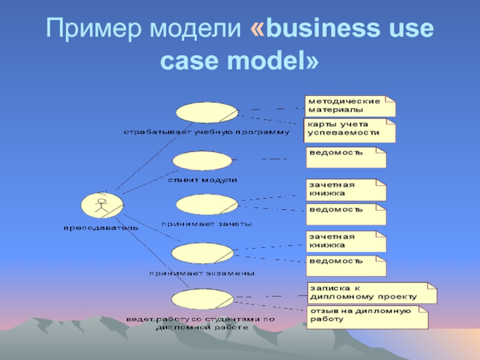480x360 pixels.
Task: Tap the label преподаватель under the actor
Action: (x=101, y=227)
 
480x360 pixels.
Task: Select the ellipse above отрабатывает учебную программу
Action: (x=206, y=112)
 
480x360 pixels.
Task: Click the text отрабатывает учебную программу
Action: (x=206, y=131)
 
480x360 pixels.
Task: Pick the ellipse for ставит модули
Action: (x=202, y=161)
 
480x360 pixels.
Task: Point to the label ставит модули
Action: (x=202, y=179)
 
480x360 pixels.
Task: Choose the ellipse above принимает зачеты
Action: (x=207, y=205)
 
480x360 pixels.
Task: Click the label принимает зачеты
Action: (x=207, y=224)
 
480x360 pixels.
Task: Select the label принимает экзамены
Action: (x=202, y=272)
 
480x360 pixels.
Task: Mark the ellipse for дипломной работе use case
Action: (x=202, y=299)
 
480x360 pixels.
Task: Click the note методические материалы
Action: (x=349, y=106)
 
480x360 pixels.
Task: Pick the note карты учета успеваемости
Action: (x=349, y=130)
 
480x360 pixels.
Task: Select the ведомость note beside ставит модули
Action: (x=346, y=157)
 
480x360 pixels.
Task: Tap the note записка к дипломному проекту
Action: (x=371, y=292)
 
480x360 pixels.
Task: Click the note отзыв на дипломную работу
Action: (x=367, y=317)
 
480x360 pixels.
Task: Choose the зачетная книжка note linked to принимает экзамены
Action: (x=346, y=241)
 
